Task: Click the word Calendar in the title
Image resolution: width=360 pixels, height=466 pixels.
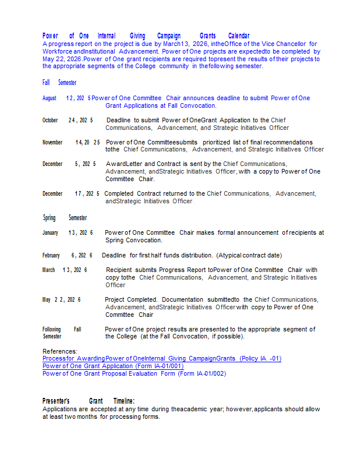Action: (x=239, y=36)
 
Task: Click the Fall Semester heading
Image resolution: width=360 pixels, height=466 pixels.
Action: (x=59, y=83)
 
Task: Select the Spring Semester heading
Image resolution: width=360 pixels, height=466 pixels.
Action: (x=65, y=218)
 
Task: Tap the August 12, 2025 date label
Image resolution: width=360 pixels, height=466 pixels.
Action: (x=66, y=98)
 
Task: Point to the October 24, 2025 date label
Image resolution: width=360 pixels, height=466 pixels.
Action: (x=68, y=121)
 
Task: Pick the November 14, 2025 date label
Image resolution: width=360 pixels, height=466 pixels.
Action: (x=71, y=142)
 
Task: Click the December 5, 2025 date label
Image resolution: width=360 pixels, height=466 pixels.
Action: (x=69, y=164)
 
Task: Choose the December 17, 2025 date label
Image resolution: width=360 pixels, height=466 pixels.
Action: (x=71, y=193)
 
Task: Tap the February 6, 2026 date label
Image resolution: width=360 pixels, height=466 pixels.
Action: (x=67, y=255)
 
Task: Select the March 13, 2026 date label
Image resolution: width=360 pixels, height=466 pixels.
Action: (x=65, y=270)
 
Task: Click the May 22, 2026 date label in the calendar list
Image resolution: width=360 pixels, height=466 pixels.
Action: (x=62, y=299)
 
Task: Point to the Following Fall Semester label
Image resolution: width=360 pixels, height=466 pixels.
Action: (x=61, y=333)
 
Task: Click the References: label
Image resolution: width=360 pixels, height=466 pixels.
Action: (x=60, y=351)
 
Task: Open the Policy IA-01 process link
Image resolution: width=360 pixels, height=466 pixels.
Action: (x=161, y=359)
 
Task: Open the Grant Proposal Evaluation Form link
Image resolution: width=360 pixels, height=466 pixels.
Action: (x=134, y=373)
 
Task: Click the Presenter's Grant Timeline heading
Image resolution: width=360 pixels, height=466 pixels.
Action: (x=89, y=401)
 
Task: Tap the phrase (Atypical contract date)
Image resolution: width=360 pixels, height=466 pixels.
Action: (x=249, y=255)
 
